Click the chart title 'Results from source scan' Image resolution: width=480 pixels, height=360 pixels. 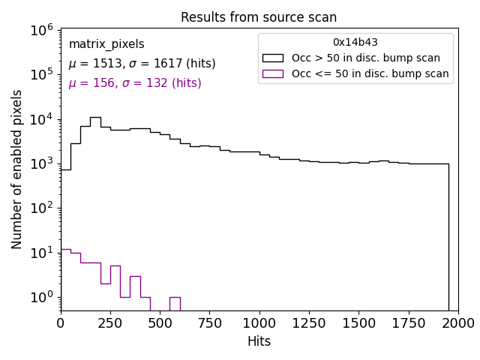[x=259, y=17]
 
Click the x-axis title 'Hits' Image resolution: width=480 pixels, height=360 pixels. [x=259, y=341]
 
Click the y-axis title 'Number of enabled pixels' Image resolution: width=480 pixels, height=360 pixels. [x=17, y=169]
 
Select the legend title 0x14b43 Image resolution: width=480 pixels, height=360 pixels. [x=355, y=43]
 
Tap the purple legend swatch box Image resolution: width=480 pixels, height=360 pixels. [x=272, y=73]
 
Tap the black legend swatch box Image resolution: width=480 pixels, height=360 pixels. [x=272, y=58]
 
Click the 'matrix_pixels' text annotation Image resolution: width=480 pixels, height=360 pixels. [x=106, y=44]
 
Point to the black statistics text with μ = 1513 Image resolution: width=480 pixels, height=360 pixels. [x=142, y=64]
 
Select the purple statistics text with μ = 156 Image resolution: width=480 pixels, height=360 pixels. [x=135, y=83]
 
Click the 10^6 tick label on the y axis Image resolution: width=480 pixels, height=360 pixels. [x=40, y=30]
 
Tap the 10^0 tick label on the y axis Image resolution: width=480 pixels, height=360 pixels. [x=40, y=297]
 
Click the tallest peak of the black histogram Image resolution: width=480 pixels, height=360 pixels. [x=95, y=118]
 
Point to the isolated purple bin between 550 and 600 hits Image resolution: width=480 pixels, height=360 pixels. [x=175, y=298]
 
